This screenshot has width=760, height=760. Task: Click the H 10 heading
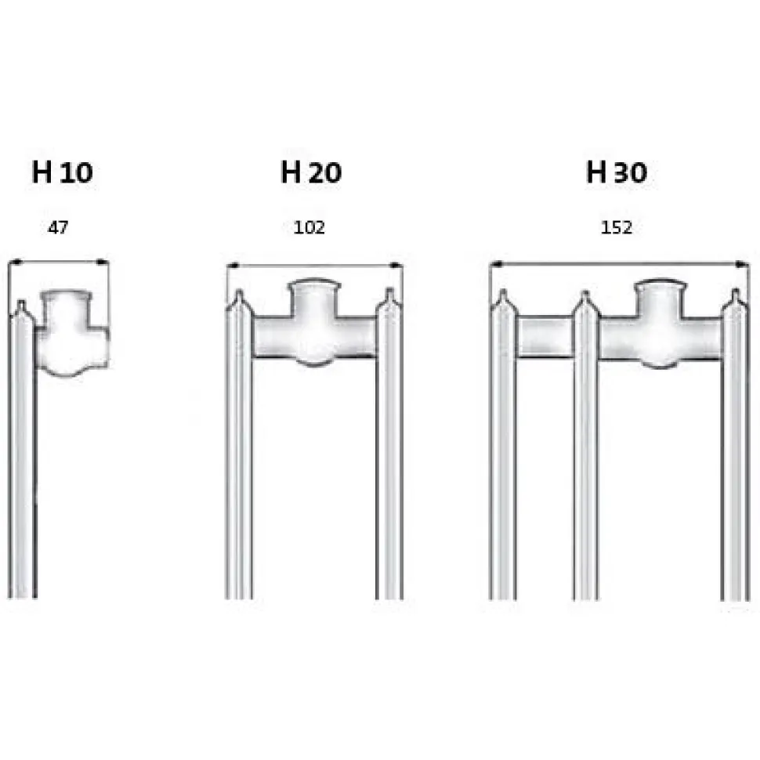(x=62, y=172)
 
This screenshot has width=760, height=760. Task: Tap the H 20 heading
(x=311, y=172)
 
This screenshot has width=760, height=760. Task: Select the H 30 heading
(x=617, y=172)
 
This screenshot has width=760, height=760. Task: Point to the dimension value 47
(x=58, y=227)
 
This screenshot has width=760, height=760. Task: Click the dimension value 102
(x=309, y=227)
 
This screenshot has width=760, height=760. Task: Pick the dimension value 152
(x=617, y=227)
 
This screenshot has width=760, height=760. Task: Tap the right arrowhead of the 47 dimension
(x=103, y=262)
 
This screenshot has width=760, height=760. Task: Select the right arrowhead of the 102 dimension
(x=396, y=265)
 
